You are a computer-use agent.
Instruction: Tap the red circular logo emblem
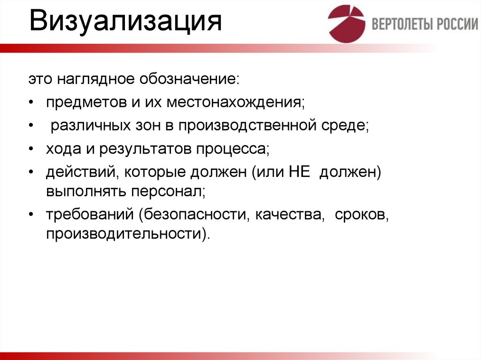point(346,24)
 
